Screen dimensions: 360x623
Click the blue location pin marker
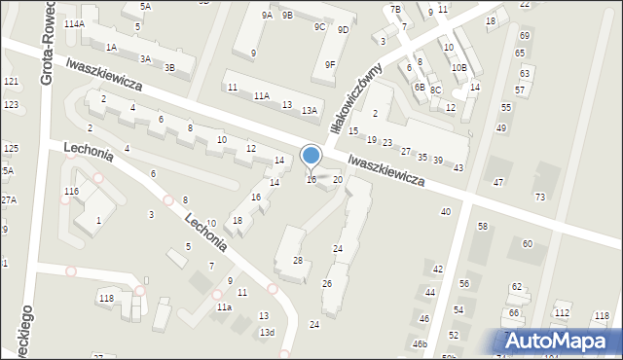[311, 157]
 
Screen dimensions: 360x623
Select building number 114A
[74, 23]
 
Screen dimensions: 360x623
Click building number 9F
[330, 65]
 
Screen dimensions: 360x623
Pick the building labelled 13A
[309, 111]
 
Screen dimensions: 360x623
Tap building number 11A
[261, 96]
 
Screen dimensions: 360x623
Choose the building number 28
[298, 260]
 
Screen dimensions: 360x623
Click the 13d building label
[267, 333]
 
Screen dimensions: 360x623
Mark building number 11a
[225, 307]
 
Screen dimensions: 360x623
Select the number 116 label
[71, 192]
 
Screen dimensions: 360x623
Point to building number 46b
[419, 344]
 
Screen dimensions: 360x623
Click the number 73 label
[540, 198]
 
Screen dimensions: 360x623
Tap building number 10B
[459, 68]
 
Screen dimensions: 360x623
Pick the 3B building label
[169, 68]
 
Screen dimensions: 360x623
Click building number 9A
[267, 16]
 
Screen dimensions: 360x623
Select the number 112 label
[562, 312]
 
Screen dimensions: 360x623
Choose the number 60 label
[527, 243]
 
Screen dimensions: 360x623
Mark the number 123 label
[11, 104]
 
